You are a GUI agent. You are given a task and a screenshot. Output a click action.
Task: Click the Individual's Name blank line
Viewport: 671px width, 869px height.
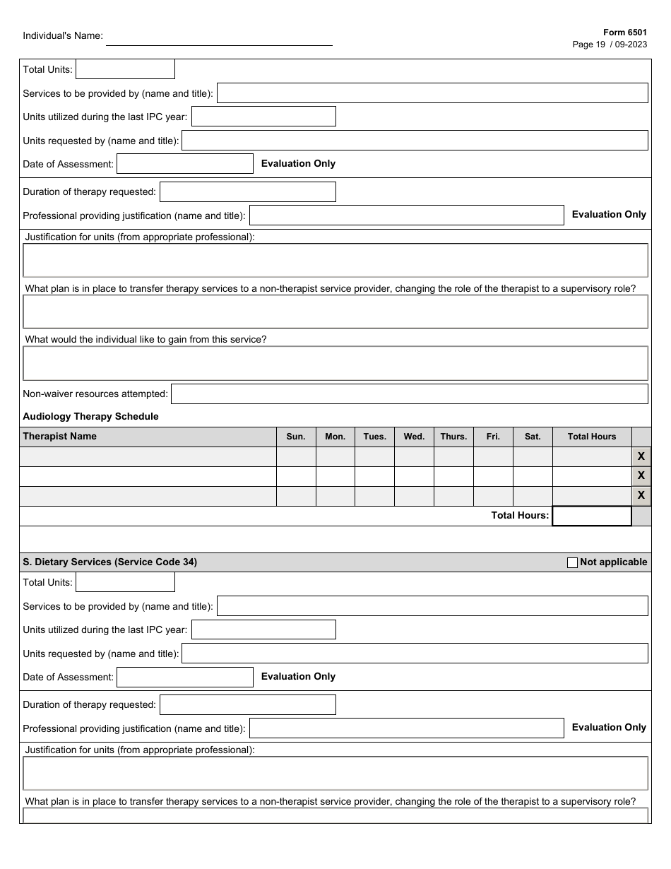[x=219, y=38]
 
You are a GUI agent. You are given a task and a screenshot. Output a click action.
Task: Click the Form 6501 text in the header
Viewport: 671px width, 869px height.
[x=624, y=32]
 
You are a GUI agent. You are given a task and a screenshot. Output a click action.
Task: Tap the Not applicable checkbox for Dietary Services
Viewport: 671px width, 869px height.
[x=572, y=562]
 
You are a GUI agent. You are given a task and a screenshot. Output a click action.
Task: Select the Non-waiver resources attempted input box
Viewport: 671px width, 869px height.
[x=409, y=394]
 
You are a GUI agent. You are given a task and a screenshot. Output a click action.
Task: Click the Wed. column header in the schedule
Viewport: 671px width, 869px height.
[x=414, y=437]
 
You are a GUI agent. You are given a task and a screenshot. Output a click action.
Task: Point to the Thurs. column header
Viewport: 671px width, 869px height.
[x=453, y=437]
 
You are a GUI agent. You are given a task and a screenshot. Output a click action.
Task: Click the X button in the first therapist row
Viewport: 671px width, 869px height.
[x=641, y=456]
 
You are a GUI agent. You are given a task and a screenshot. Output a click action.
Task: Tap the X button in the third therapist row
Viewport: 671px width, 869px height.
[x=641, y=496]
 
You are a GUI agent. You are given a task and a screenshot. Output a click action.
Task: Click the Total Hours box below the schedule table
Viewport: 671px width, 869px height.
[x=591, y=516]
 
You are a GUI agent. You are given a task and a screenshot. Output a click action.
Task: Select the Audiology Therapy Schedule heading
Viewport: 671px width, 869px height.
[x=90, y=416]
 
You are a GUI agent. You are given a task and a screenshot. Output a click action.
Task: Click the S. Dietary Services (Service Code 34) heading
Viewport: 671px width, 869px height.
[x=109, y=562]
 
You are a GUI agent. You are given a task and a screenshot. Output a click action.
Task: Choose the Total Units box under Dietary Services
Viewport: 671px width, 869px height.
[x=125, y=582]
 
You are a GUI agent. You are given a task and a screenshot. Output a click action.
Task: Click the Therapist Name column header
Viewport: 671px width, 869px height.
[x=60, y=437]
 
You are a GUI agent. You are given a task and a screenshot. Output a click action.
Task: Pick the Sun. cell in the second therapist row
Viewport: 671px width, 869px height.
[x=296, y=476]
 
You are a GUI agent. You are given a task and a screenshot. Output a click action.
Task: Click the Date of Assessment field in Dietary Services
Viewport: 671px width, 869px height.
[x=184, y=677]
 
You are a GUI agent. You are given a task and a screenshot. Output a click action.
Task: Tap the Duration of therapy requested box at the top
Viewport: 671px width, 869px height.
[x=247, y=191]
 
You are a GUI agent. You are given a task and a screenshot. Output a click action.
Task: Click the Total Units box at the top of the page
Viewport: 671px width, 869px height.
[x=125, y=69]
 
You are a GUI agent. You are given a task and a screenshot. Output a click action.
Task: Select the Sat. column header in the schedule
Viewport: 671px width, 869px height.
[x=533, y=437]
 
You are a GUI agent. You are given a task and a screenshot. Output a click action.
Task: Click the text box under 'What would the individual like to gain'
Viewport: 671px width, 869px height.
[x=335, y=363]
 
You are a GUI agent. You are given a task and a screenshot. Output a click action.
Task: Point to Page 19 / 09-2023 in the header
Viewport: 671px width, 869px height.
[x=610, y=45]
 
